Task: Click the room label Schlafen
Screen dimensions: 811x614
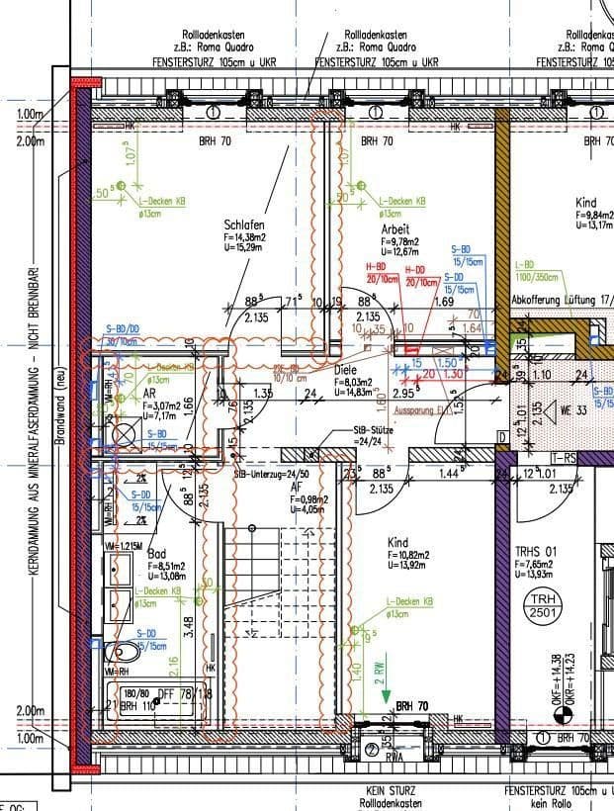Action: click(x=244, y=226)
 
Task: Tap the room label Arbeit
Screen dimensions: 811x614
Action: click(x=395, y=229)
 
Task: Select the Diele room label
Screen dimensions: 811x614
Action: click(x=345, y=370)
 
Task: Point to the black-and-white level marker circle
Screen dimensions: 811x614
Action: click(x=566, y=712)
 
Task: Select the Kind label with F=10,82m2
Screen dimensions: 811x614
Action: click(x=398, y=543)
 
